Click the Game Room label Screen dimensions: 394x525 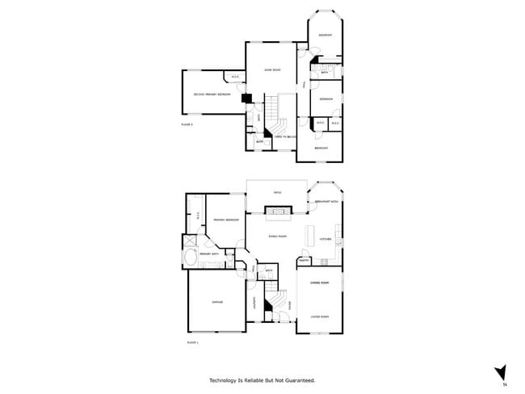(x=271, y=71)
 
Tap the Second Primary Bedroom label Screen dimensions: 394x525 (x=212, y=94)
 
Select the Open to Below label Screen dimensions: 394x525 (x=286, y=137)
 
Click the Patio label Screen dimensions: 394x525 (x=277, y=193)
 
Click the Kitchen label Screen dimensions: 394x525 (x=325, y=240)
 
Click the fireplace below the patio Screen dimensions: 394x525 (x=276, y=212)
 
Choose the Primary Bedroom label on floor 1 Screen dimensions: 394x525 (x=225, y=220)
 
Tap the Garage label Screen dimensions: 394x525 (x=216, y=301)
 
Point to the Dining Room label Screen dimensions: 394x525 (x=319, y=283)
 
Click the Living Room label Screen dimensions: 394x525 (x=320, y=316)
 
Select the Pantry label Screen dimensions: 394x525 (x=304, y=261)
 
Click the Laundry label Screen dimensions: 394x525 (x=256, y=303)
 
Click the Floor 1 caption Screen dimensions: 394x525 (x=192, y=343)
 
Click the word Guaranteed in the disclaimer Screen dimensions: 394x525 (x=296, y=379)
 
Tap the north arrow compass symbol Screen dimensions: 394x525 (x=501, y=372)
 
